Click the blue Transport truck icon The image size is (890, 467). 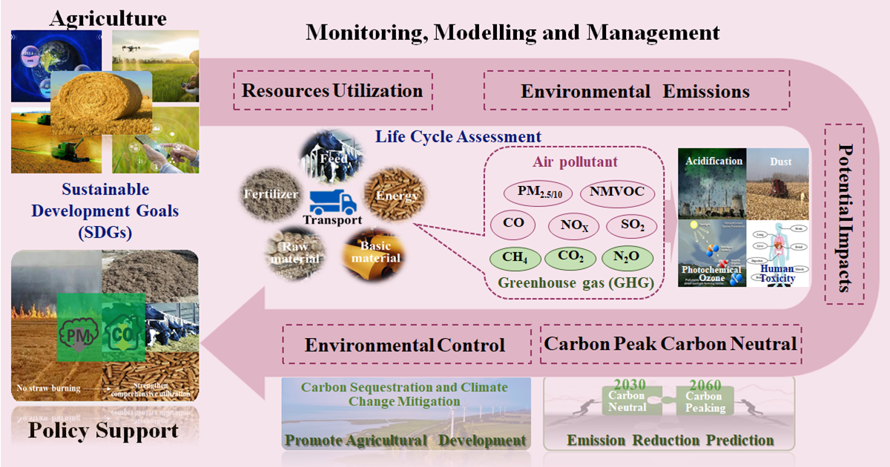point(332,201)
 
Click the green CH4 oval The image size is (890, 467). point(515,257)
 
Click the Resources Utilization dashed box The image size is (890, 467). point(332,90)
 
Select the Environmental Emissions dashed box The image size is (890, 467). point(635,91)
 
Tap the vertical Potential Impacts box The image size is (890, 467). point(843,213)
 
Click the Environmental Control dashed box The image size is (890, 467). point(405,345)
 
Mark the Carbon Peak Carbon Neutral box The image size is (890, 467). point(670,344)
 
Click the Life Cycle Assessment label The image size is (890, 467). point(458,136)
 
